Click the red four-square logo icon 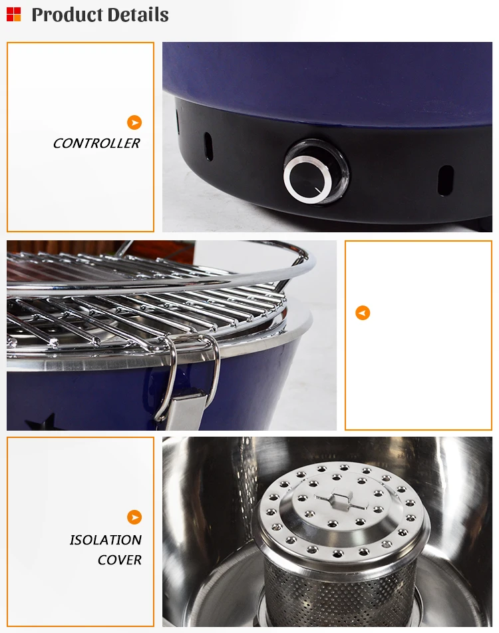pos(13,14)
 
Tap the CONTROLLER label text pos(96,143)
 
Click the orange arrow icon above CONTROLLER pos(134,122)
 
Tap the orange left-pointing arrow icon pos(363,313)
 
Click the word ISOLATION pos(106,540)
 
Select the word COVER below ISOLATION pos(120,560)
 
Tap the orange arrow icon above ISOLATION pos(134,517)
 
